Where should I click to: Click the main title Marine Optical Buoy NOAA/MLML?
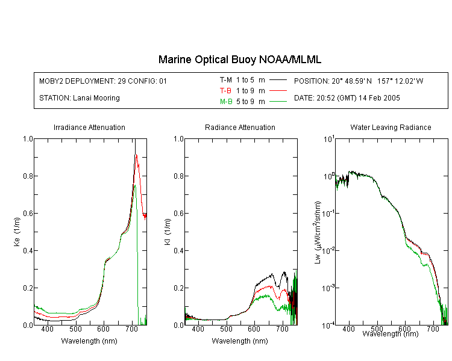click(239, 60)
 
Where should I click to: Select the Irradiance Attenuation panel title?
click(89, 127)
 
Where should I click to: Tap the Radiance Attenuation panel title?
click(240, 127)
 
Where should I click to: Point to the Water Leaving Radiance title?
click(391, 127)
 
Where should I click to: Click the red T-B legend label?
click(225, 91)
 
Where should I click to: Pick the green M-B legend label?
click(226, 102)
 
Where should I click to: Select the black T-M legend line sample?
click(278, 80)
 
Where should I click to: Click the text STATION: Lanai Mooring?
click(80, 98)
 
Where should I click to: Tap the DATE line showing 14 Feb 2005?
click(347, 98)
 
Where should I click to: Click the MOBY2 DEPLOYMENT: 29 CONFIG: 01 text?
click(103, 81)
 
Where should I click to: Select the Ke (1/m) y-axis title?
click(17, 232)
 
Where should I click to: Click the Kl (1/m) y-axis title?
click(168, 232)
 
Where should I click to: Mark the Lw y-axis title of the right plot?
click(318, 232)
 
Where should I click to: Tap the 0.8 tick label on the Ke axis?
click(28, 176)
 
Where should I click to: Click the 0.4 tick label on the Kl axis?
click(179, 250)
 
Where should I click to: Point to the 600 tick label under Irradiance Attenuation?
click(103, 329)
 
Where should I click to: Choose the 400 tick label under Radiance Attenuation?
click(198, 329)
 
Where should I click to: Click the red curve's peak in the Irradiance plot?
click(136, 155)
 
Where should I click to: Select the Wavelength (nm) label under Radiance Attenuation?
click(240, 341)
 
